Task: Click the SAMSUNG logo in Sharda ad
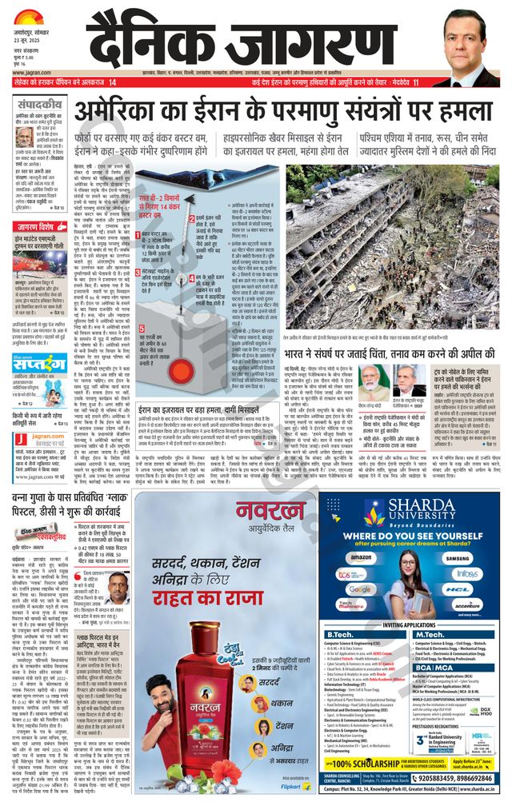(x=454, y=557)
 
